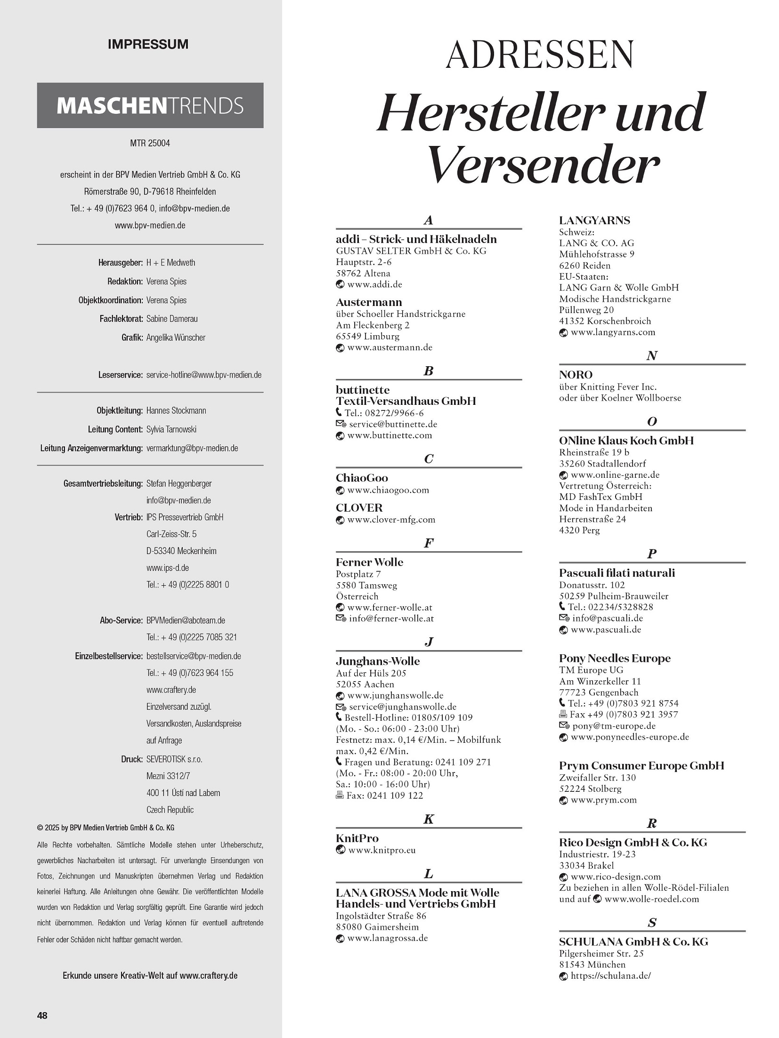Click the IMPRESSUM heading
click(x=148, y=44)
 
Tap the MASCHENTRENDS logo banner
click(x=150, y=105)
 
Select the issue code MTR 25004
click(x=150, y=143)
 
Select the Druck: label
click(x=131, y=759)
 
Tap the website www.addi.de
click(x=374, y=284)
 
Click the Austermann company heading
click(x=369, y=302)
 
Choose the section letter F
click(x=428, y=543)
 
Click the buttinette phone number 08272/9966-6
click(x=384, y=413)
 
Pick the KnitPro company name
click(x=357, y=838)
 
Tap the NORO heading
click(x=576, y=375)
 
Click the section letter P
click(x=652, y=554)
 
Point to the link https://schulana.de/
click(x=610, y=976)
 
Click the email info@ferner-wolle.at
click(x=391, y=619)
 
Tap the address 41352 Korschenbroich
click(x=605, y=321)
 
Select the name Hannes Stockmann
click(x=176, y=410)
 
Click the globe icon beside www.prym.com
click(x=563, y=800)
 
